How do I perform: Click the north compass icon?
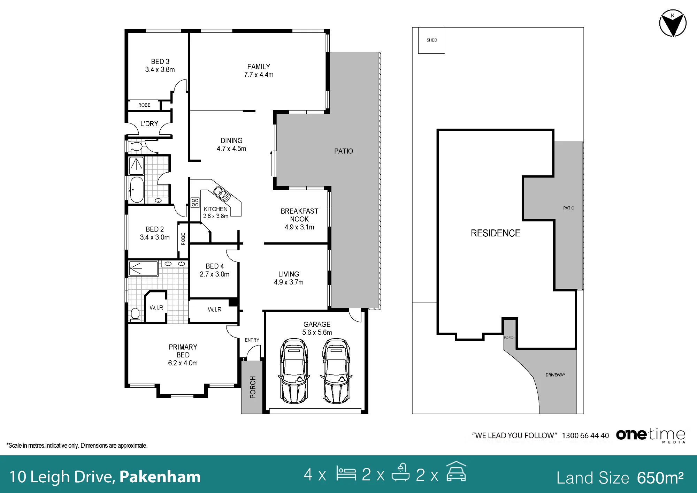coord(673,23)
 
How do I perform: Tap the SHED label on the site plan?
coord(432,40)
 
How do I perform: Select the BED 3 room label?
coord(160,62)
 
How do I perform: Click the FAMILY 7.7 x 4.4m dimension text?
coord(259,75)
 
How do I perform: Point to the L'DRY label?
coord(149,124)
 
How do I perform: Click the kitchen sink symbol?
coord(222,194)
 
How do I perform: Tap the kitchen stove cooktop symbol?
coord(195,203)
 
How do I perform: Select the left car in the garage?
coord(294,371)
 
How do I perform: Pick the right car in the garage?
coord(336,371)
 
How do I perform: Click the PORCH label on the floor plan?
coord(253,387)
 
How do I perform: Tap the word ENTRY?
coord(252,340)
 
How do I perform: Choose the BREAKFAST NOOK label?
coord(299,215)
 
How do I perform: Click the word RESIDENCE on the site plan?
coord(496,233)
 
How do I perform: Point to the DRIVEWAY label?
coord(556,375)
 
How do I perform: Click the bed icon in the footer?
coord(346,473)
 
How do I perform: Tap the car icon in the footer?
coord(456,471)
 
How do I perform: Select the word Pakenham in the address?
coord(160,477)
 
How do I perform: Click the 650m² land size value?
coord(660,478)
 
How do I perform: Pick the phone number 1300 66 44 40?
coord(585,435)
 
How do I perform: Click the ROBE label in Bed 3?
coord(144,105)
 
